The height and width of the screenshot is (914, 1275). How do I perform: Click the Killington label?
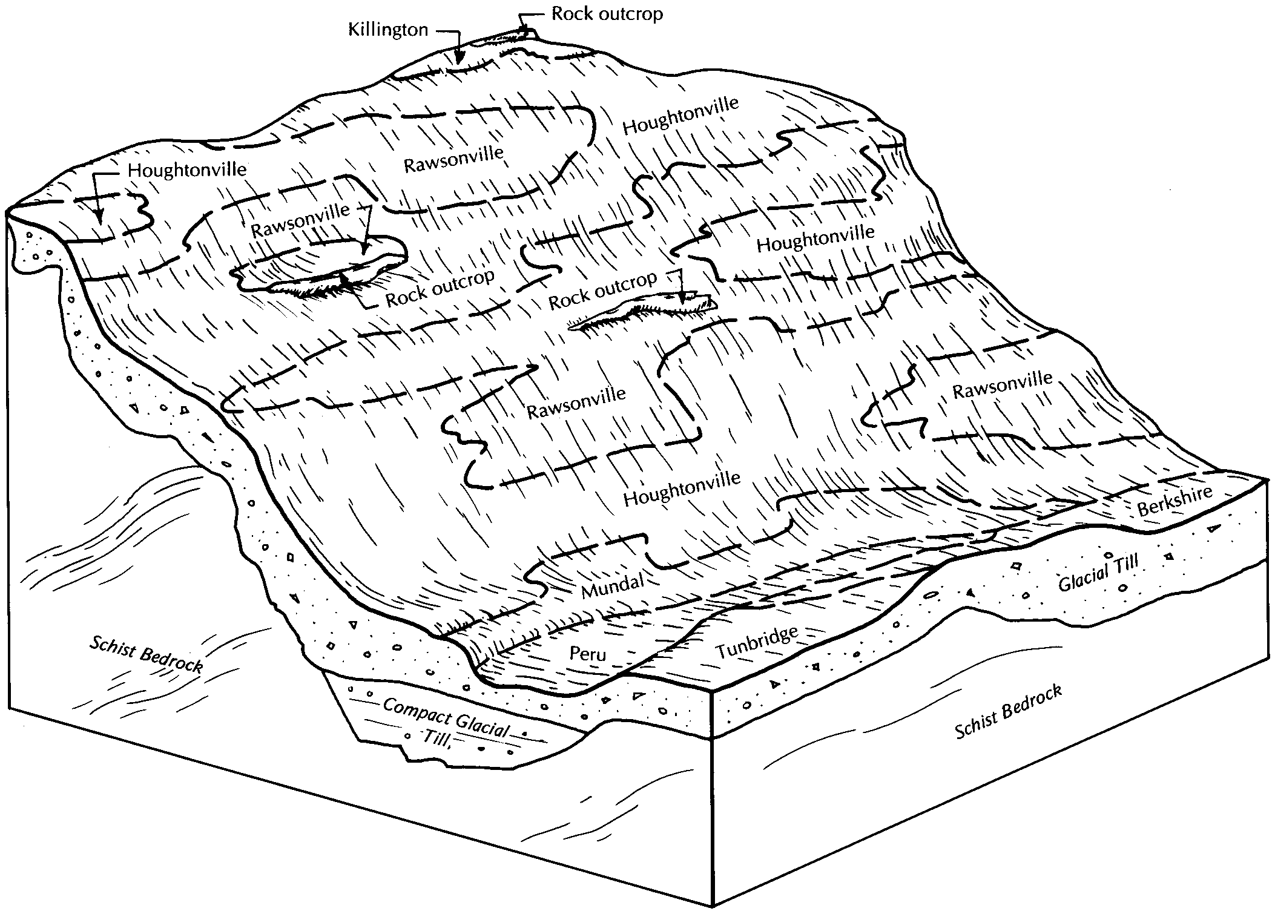(388, 30)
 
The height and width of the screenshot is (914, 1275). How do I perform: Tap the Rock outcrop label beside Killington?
(607, 14)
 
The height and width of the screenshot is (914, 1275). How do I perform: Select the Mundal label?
(612, 585)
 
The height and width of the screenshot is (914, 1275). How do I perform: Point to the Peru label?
(587, 653)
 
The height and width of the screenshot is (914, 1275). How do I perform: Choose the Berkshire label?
(1175, 500)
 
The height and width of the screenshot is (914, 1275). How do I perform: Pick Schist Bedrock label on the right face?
(1009, 711)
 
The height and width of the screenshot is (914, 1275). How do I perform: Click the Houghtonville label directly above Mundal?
(682, 488)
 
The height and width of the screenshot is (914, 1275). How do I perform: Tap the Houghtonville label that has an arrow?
(187, 169)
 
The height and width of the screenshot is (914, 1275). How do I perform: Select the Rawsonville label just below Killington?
(453, 158)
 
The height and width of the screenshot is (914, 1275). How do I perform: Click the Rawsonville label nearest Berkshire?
(1003, 385)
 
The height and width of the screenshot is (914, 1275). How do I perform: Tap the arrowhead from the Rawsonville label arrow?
(363, 248)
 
